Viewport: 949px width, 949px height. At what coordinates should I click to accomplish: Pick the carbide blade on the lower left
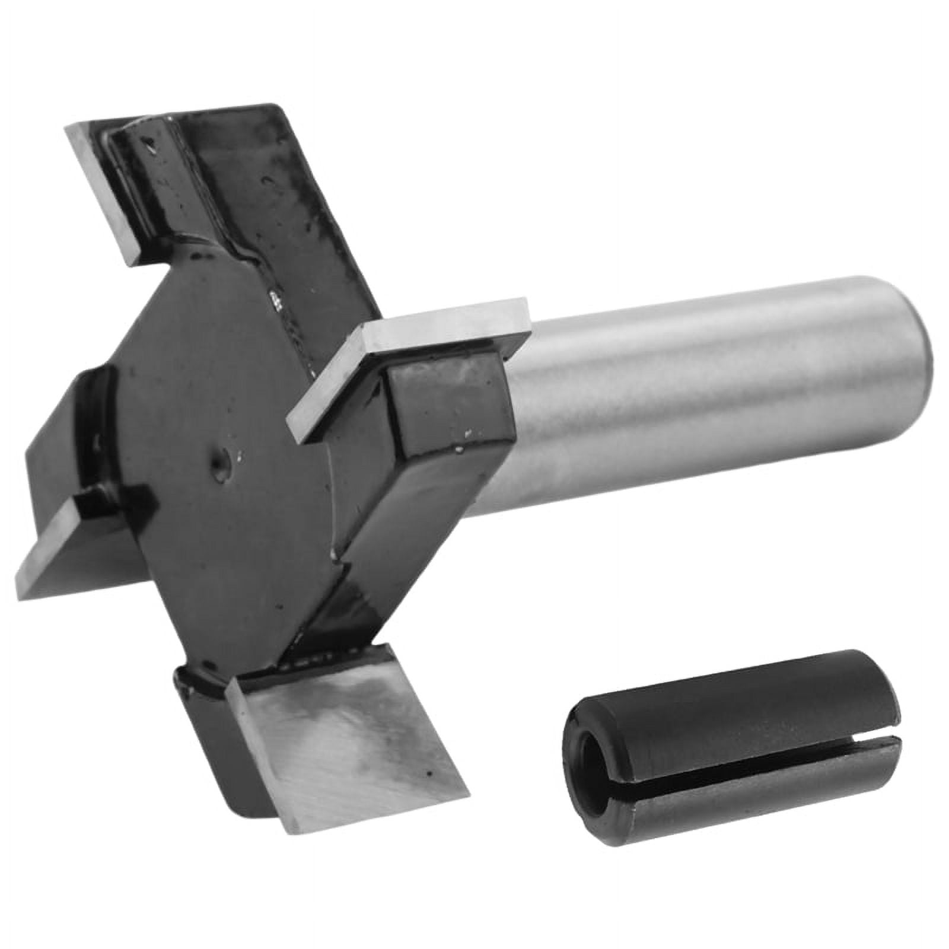(x=77, y=540)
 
